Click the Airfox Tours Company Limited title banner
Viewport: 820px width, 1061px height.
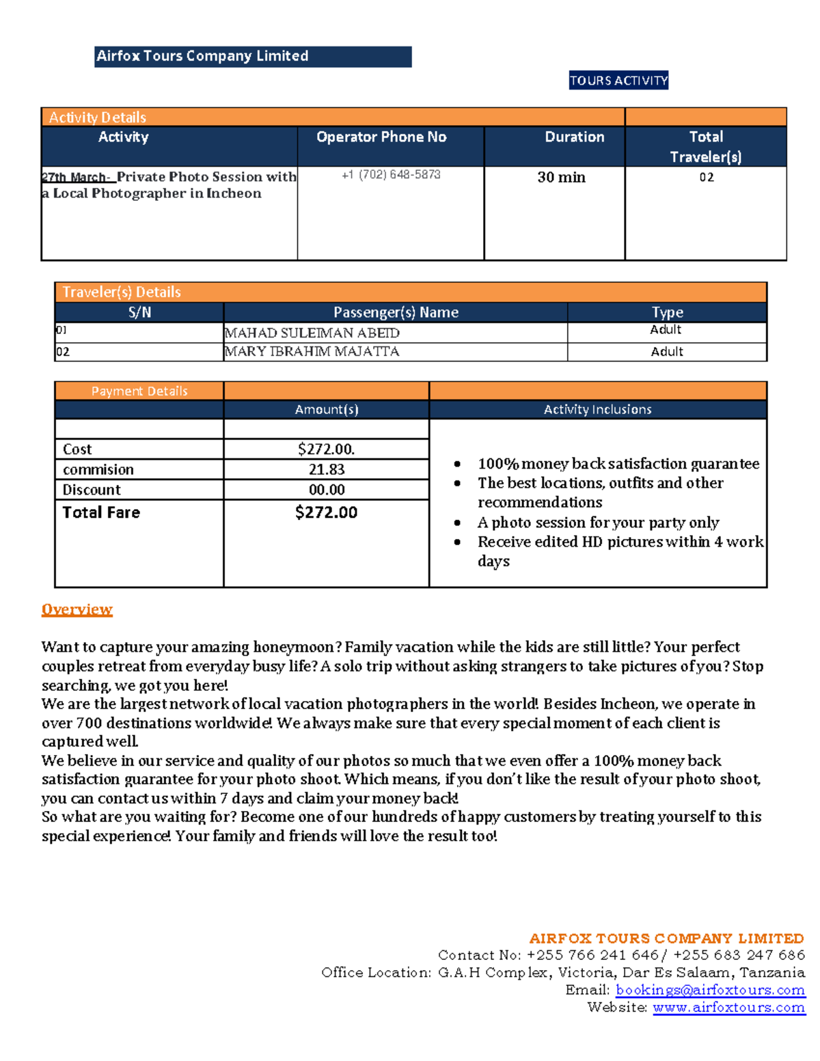(x=252, y=57)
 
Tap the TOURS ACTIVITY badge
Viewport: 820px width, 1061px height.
(x=618, y=81)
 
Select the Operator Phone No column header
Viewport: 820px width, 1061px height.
(x=381, y=137)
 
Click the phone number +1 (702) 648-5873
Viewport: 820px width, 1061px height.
(x=391, y=175)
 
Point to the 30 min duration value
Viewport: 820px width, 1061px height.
(x=561, y=178)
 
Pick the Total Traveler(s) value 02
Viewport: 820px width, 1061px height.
(x=706, y=178)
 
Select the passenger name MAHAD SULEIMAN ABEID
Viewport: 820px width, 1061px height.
(x=312, y=333)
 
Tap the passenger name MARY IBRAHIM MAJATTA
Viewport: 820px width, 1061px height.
(x=312, y=352)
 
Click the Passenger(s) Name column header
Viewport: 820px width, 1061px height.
(x=396, y=313)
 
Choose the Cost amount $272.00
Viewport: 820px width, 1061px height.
(x=326, y=450)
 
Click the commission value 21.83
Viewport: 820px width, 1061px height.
(x=327, y=470)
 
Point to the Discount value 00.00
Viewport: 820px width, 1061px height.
(x=327, y=490)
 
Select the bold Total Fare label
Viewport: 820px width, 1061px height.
(x=101, y=512)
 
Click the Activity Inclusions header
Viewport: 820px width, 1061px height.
(x=597, y=410)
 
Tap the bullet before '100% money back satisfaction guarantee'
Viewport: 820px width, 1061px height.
(x=457, y=465)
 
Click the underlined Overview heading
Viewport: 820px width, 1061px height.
(x=77, y=609)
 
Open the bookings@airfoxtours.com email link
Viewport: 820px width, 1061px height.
(x=710, y=990)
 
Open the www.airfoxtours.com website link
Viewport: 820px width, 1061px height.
(x=728, y=1008)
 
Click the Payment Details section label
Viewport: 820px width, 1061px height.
(x=139, y=391)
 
